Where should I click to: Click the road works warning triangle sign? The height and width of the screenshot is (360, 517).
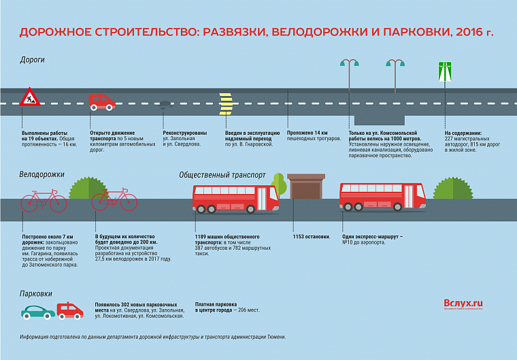tap(31, 97)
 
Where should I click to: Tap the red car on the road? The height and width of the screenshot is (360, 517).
tap(102, 102)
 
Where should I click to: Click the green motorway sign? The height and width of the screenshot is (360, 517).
tap(445, 71)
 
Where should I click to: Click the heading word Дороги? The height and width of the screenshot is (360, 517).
tap(32, 60)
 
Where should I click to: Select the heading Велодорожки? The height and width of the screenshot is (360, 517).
tap(41, 174)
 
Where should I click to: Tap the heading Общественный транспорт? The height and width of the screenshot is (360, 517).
tap(222, 175)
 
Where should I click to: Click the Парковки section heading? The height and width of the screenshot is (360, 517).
tap(36, 293)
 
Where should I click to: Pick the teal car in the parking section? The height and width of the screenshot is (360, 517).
tap(38, 312)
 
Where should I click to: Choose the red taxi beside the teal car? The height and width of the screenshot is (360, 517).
tap(70, 310)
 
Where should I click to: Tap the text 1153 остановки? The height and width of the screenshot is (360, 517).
tap(312, 237)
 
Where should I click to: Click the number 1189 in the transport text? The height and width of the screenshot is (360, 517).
tap(203, 237)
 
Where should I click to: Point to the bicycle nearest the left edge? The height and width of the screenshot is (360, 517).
tap(44, 200)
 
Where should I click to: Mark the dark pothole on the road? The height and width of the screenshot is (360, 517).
tap(165, 104)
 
